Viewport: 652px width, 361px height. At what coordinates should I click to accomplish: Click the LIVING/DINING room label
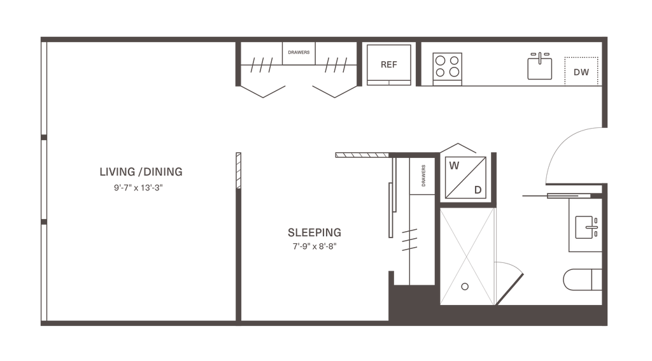point(141,172)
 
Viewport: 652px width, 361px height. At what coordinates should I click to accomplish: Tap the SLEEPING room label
point(315,231)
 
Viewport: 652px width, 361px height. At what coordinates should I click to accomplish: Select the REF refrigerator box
point(388,64)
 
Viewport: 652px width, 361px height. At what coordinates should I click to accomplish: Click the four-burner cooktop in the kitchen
point(448,66)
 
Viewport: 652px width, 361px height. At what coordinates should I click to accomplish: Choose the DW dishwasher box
point(581,72)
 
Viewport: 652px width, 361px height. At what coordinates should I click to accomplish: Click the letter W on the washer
point(454,167)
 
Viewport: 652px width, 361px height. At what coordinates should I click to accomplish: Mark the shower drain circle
point(465,287)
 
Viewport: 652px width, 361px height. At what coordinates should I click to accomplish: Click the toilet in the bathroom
point(581,280)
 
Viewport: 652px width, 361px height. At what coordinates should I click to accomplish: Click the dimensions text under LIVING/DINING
point(141,188)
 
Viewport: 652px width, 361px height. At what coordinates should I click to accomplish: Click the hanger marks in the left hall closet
point(262,64)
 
